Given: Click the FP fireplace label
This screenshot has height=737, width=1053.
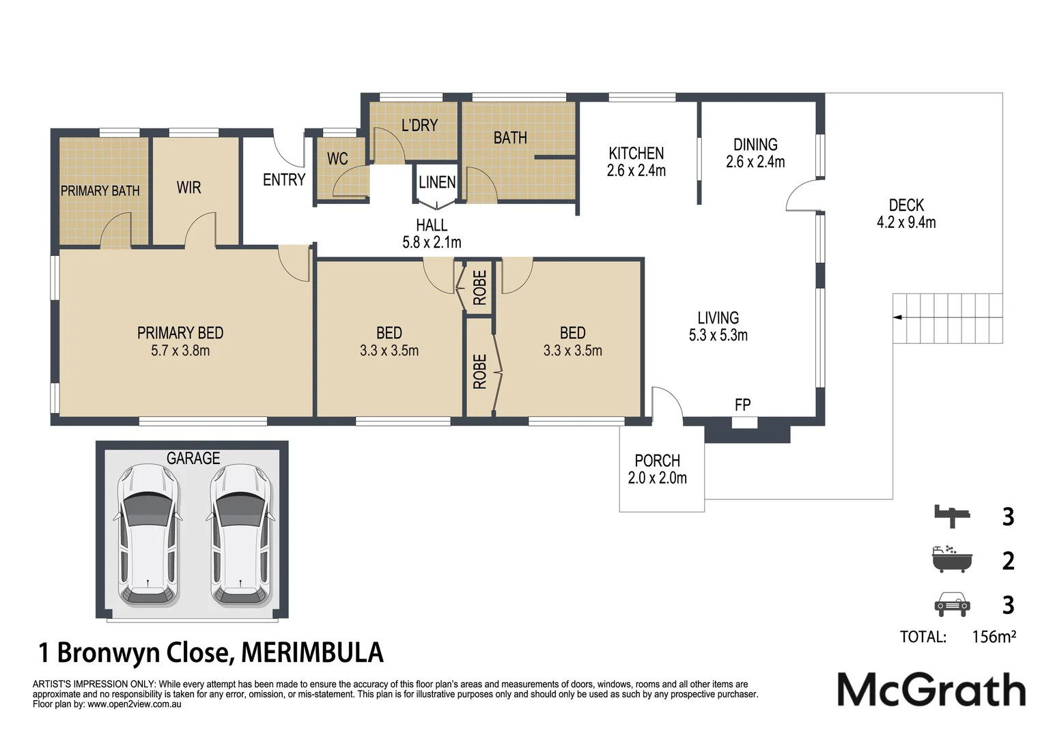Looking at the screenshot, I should point(742,405).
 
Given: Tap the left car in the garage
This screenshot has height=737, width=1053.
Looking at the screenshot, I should point(148,536).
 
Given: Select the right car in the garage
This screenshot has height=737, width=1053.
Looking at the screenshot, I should point(240,536).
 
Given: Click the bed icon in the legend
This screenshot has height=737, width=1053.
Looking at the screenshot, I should point(952,517).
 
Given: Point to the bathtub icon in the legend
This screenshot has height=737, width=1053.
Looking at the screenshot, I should point(951,560).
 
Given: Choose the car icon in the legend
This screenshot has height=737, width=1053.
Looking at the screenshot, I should point(951,604).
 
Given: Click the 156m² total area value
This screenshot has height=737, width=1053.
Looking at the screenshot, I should point(994,637).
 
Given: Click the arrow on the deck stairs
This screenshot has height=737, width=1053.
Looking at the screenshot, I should point(897,317).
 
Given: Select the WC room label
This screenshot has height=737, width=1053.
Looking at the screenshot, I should point(337,159).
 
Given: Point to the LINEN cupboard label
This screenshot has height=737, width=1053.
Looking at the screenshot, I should point(437,182).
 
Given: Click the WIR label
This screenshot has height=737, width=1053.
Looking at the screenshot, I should point(188,188).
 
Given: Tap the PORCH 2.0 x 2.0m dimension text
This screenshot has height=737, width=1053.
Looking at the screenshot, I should point(657,478).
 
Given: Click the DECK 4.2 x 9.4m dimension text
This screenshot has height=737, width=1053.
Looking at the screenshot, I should point(906,222).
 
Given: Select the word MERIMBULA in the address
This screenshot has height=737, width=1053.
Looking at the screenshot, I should point(312,653).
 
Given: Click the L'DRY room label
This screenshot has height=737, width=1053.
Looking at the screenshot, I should point(419,125).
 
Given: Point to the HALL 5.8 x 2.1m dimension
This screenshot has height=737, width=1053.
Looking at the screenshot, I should point(432,242).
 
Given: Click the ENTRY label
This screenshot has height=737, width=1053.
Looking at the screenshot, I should point(284,179).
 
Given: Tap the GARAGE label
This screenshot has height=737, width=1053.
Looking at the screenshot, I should point(193,458).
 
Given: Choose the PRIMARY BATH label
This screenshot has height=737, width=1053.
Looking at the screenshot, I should point(100,191).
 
